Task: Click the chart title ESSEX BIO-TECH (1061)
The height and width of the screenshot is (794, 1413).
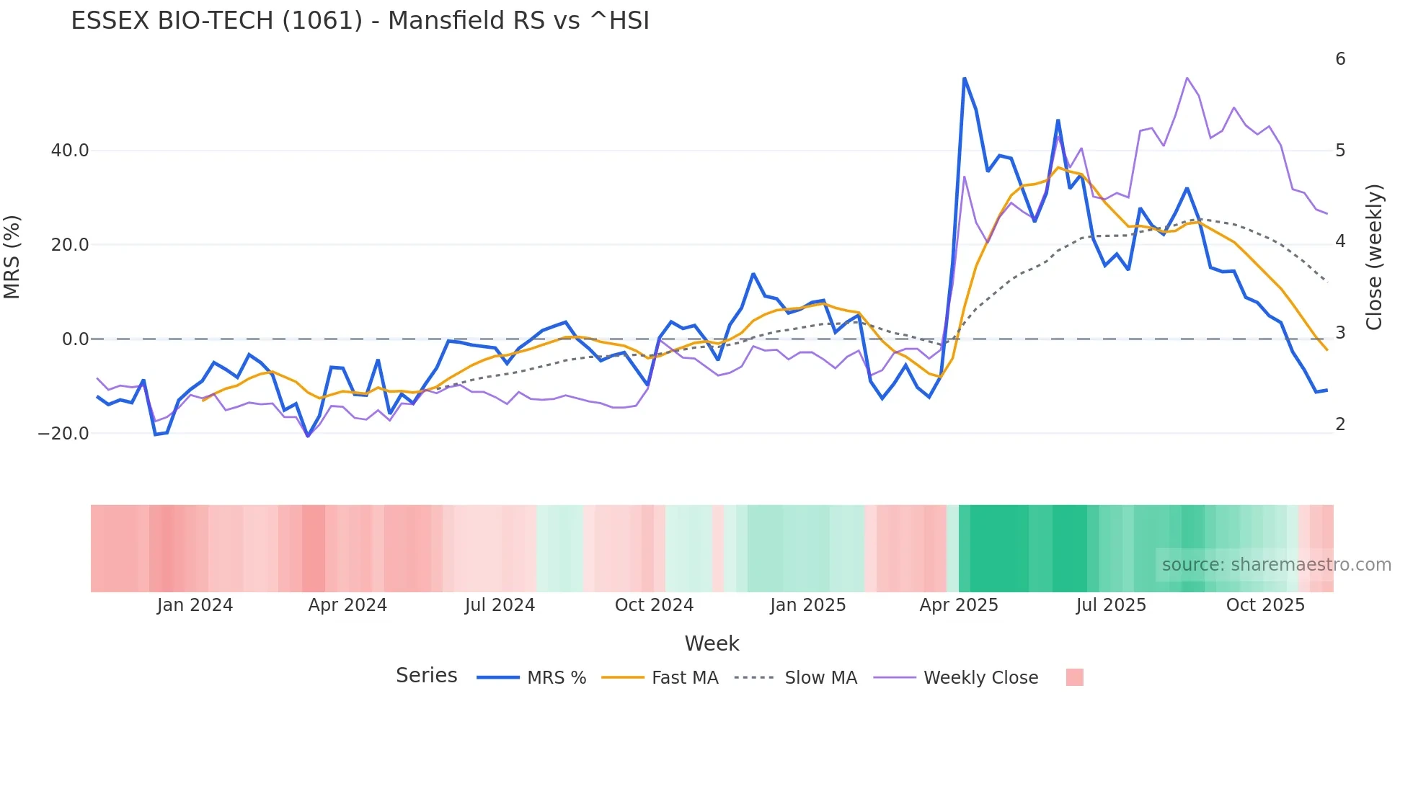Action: point(360,21)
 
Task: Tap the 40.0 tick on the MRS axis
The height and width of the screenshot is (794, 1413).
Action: point(70,151)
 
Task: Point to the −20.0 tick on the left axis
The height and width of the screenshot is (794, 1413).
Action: point(63,434)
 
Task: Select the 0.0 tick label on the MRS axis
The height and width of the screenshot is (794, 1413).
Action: point(75,339)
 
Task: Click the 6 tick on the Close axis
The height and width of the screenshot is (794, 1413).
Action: point(1340,59)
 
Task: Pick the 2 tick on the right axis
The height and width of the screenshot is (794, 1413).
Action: point(1340,424)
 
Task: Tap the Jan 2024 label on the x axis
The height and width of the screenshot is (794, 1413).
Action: point(195,605)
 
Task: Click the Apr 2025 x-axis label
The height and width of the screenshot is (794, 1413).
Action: point(959,605)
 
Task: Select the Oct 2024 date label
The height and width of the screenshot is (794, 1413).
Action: point(654,605)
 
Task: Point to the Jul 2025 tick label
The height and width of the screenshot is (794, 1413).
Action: point(1111,605)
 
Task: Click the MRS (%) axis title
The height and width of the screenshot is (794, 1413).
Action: point(12,257)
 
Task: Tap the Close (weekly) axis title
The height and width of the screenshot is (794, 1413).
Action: point(1374,257)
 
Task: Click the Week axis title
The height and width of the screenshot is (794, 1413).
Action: point(712,643)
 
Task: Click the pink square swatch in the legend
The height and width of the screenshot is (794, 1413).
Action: point(1074,677)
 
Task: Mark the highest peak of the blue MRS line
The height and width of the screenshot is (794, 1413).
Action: point(965,79)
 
